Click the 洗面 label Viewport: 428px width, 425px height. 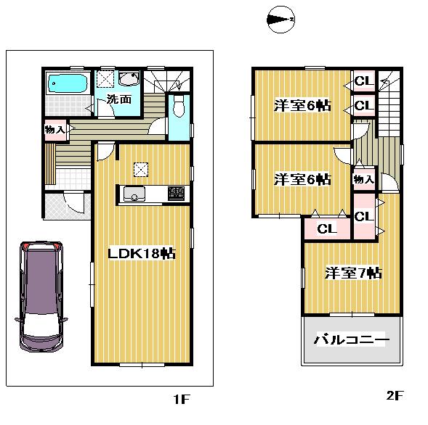[118, 99]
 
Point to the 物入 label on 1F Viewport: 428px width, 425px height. [55, 131]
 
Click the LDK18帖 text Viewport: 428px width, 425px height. [141, 254]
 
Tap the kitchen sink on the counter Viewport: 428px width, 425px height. [135, 194]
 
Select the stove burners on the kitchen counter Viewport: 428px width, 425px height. [176, 194]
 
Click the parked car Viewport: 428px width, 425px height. [41, 297]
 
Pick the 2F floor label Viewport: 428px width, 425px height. [394, 395]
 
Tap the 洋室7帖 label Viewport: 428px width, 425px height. [353, 273]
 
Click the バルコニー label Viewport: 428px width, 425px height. [352, 339]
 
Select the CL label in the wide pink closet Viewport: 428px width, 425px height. [327, 228]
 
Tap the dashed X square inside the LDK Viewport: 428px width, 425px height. [140, 170]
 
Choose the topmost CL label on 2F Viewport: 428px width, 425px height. [363, 81]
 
